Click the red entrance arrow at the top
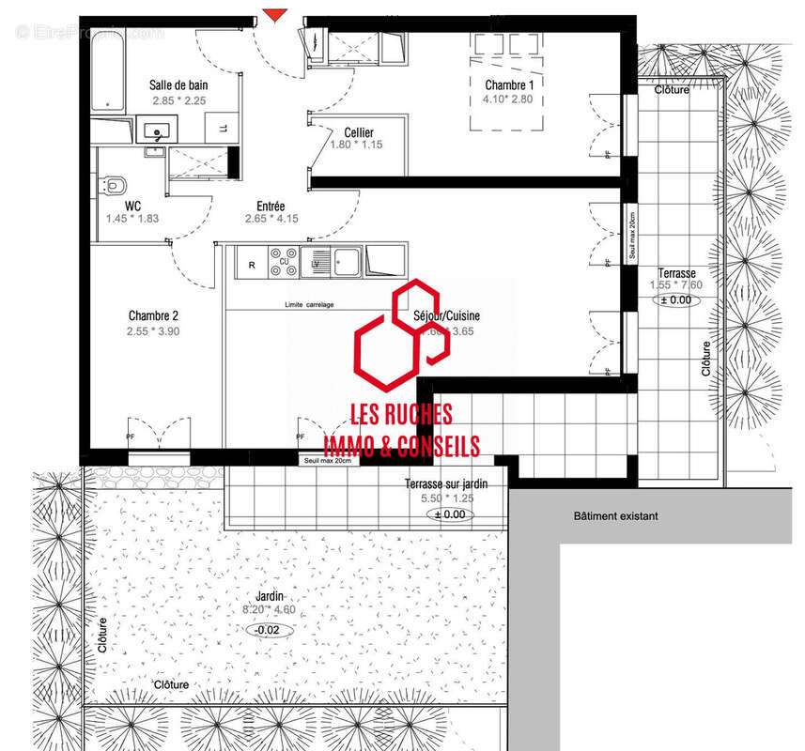coord(273,13)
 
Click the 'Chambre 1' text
coord(507,84)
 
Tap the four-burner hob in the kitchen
coord(283,261)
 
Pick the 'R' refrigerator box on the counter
coord(252,265)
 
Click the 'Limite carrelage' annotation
coord(309,305)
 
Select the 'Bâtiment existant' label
coord(615,516)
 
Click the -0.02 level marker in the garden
coord(268,629)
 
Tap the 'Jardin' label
coord(269,596)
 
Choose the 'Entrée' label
coord(271,206)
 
